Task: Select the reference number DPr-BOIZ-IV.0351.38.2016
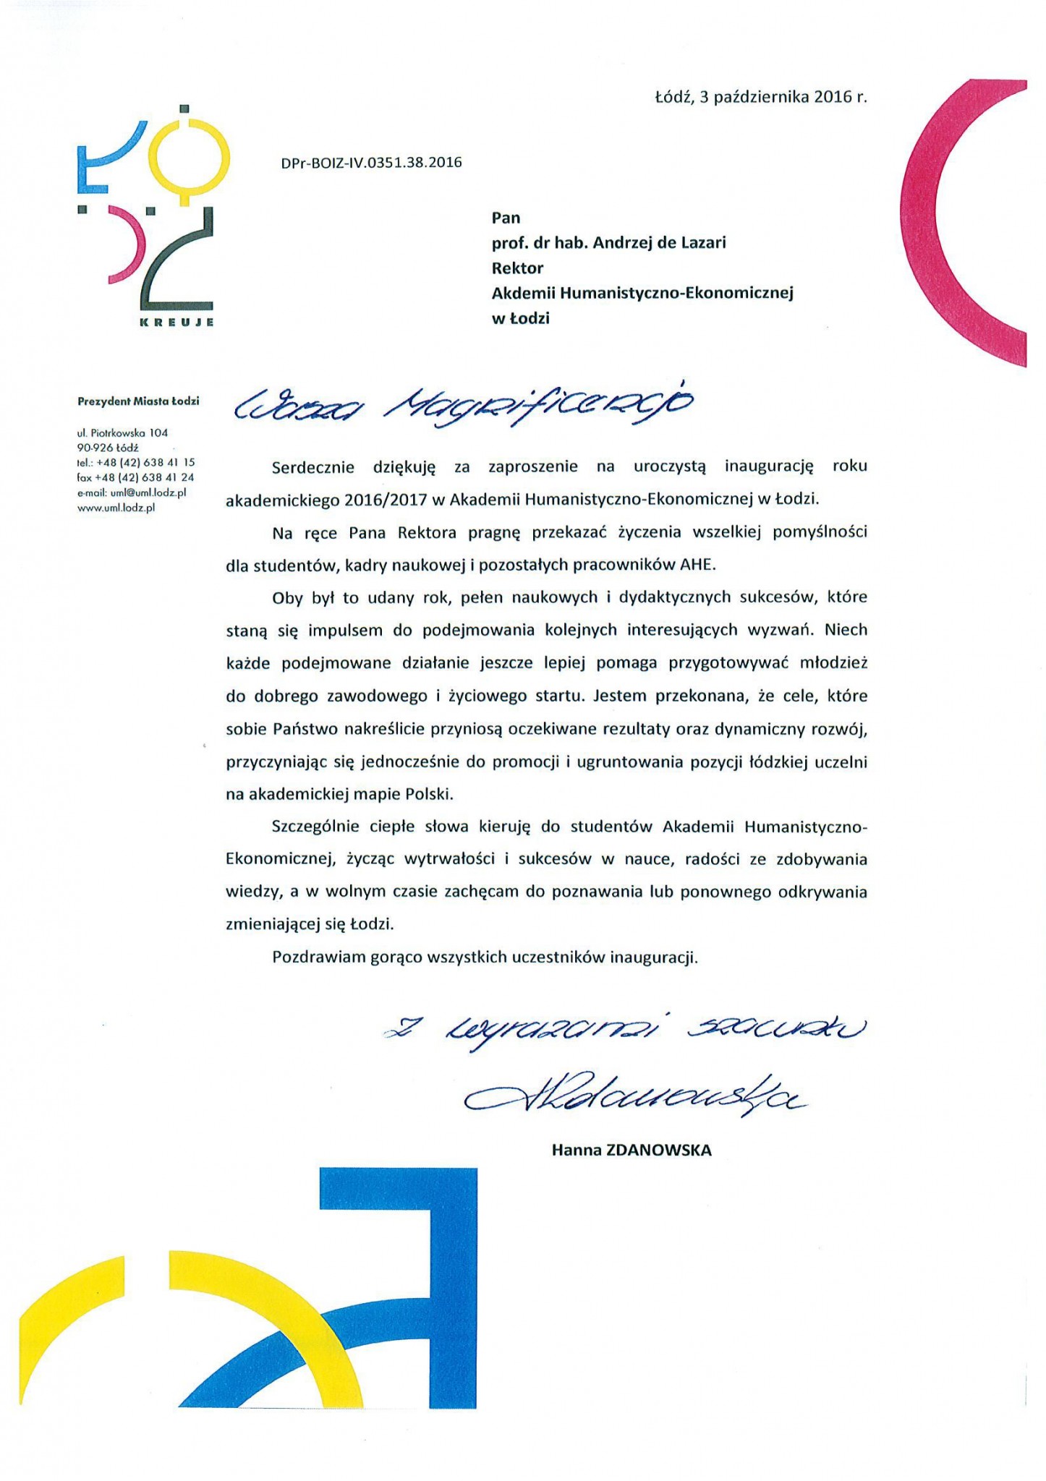371,163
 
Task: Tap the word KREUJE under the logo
177,322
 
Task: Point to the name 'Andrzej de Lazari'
659,243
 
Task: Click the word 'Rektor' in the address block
517,268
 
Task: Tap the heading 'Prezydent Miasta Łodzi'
138,401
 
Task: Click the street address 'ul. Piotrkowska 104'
122,432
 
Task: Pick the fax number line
135,477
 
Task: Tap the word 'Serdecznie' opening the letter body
313,466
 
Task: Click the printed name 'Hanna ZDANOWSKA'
632,1150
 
